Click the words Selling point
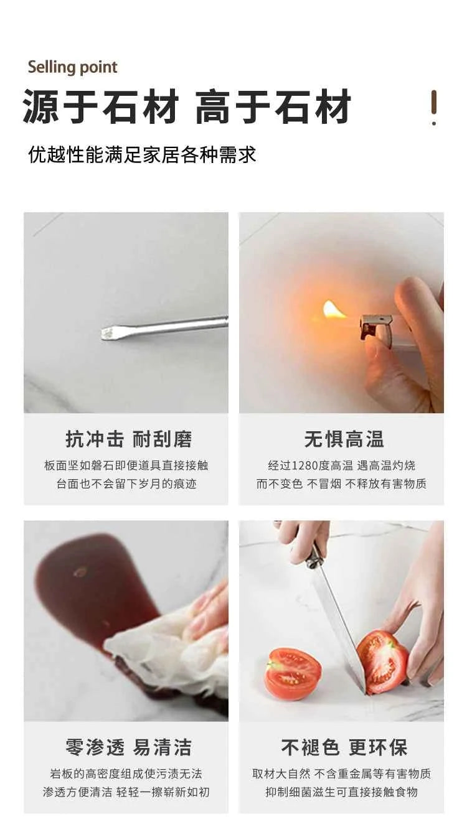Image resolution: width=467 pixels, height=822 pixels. (x=73, y=68)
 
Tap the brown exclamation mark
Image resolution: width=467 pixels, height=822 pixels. (x=434, y=108)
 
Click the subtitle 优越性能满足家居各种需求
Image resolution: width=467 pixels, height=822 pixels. (x=142, y=154)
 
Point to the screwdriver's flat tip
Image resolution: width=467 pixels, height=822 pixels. (x=106, y=332)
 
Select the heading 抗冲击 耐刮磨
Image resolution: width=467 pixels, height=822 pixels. (x=128, y=439)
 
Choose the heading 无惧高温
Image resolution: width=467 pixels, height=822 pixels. (x=344, y=439)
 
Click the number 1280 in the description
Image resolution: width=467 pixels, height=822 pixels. (x=305, y=465)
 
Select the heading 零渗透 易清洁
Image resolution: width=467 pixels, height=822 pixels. (x=128, y=747)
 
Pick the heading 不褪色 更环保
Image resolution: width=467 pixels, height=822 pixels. (x=344, y=747)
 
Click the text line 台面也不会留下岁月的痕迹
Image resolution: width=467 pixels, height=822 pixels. (x=126, y=484)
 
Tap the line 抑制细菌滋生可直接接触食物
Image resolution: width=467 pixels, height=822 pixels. (x=341, y=792)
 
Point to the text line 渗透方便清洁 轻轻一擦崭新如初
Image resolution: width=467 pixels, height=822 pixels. (x=126, y=792)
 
